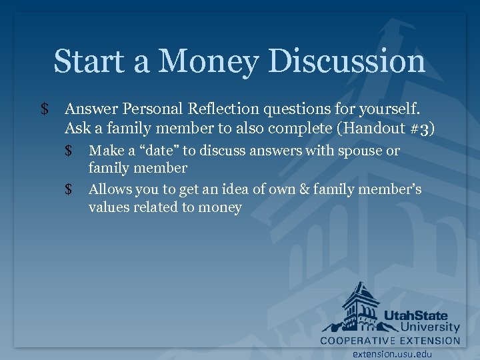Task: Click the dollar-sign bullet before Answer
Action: point(44,109)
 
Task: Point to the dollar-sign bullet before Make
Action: point(69,151)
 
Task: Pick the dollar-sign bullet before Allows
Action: point(69,190)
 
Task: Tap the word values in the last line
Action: point(109,207)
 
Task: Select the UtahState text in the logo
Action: point(415,315)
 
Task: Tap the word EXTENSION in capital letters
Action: point(431,340)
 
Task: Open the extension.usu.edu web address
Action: point(392,354)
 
